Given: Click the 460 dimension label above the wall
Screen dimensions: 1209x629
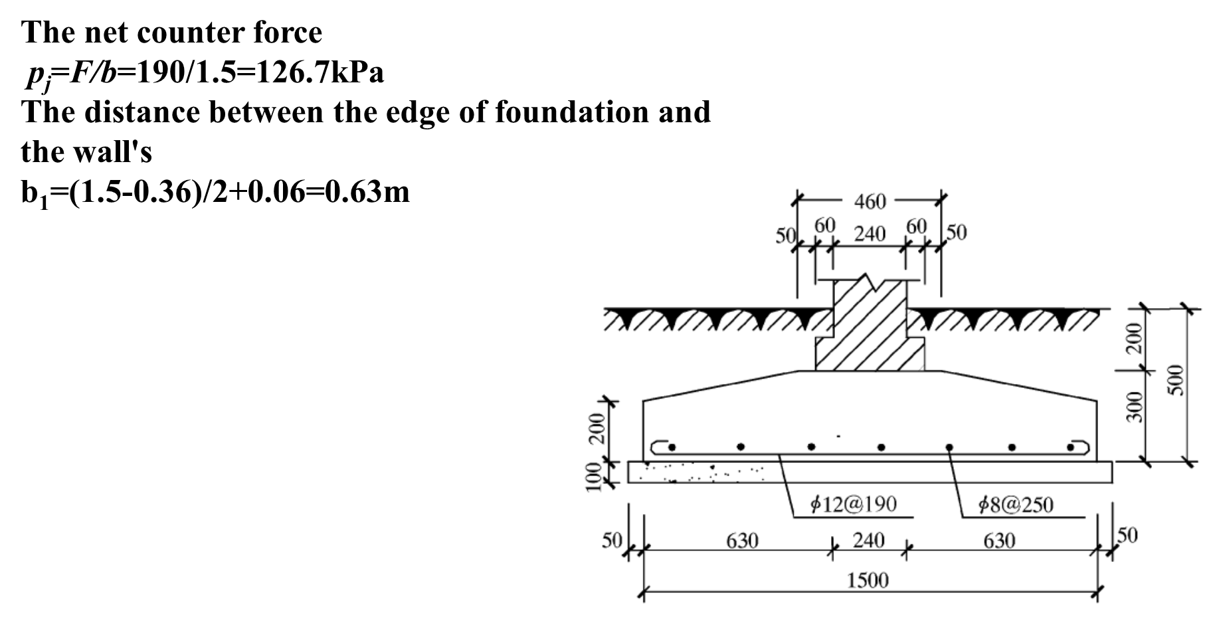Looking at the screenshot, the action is click(870, 201).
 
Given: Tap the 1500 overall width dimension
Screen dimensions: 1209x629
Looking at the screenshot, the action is click(868, 581).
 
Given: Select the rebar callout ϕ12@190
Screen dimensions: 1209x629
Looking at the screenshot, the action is click(854, 504).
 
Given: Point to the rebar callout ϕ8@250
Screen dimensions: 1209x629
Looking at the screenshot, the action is click(1016, 505).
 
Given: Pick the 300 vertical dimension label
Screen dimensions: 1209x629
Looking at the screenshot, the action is click(1135, 407).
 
